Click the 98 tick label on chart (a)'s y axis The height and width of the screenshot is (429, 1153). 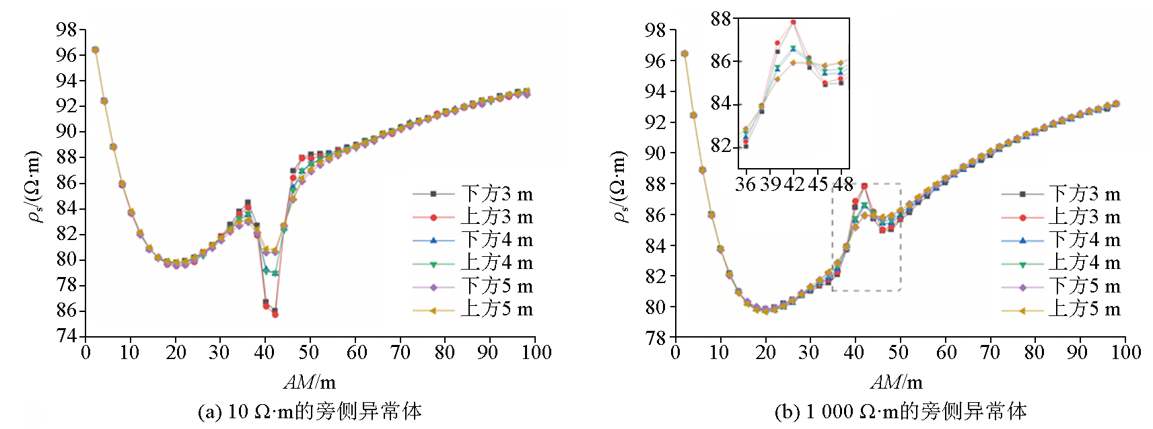67,30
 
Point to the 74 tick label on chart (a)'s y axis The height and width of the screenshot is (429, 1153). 67,336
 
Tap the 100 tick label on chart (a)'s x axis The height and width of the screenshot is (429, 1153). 536,352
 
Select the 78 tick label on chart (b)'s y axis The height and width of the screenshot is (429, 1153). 655,337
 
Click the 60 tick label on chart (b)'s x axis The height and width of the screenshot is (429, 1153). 946,352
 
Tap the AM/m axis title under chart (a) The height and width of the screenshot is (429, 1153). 310,382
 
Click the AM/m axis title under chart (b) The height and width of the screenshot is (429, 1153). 897,382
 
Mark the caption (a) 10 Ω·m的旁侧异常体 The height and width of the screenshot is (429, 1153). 310,411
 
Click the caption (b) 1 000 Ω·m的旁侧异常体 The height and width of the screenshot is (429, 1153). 901,411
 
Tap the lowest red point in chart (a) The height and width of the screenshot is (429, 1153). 275,314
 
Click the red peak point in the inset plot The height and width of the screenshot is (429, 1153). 793,22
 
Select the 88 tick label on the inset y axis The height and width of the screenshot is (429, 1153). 721,19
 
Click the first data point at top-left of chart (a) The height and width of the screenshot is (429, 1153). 95,50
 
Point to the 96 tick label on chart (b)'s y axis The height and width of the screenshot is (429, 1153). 655,61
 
